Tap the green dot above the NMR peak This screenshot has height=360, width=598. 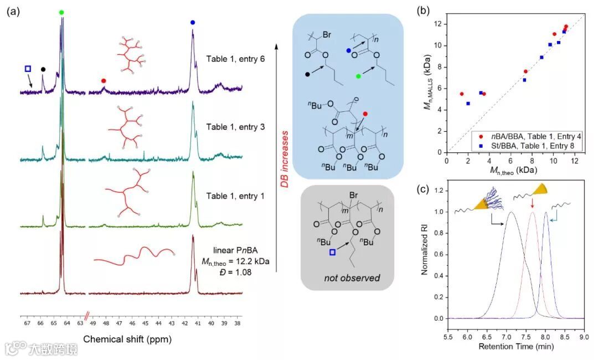(61, 12)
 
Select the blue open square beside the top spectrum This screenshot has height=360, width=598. (28, 69)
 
